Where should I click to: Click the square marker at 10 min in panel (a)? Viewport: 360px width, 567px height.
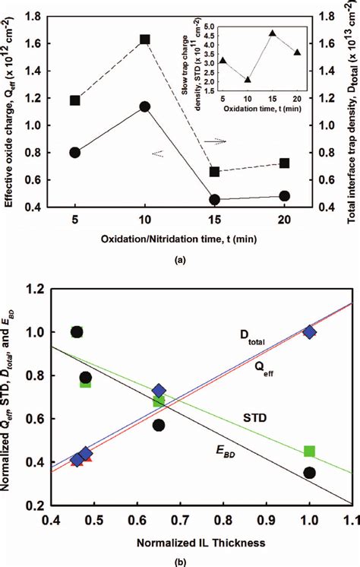pos(144,40)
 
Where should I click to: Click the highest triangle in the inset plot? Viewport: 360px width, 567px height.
pos(272,34)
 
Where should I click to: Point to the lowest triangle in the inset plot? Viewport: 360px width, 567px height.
pos(248,79)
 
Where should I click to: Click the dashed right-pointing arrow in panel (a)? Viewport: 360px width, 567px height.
pos(216,141)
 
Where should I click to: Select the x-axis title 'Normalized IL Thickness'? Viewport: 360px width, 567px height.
pos(179,543)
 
